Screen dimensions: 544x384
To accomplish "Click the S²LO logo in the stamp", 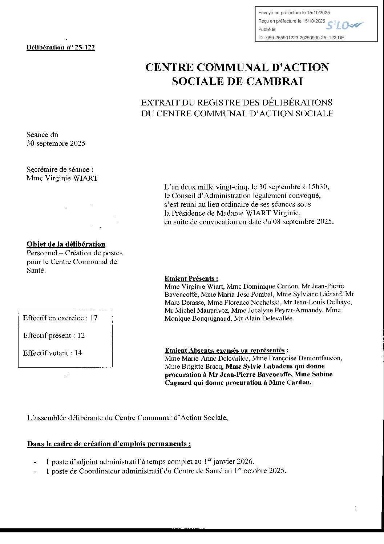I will (344, 25).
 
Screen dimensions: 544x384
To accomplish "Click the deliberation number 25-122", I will (85, 47).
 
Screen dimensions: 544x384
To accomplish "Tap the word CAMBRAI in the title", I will (274, 81).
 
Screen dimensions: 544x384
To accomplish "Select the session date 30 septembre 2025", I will (56, 143).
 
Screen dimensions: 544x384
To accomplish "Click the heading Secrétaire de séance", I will (60, 169).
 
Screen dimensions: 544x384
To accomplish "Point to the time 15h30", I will (318, 187).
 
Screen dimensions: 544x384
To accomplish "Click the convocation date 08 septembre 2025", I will (303, 221).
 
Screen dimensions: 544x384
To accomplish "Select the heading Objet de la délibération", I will (66, 244).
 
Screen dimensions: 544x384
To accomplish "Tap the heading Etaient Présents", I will (191, 279).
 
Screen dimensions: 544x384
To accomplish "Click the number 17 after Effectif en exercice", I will (94, 318).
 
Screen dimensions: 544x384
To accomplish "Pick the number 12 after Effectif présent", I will (81, 335).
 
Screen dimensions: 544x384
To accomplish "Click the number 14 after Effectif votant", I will (78, 353).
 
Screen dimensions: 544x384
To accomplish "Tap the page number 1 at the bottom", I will (356, 509).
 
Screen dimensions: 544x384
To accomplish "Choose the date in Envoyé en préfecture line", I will (318, 13).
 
